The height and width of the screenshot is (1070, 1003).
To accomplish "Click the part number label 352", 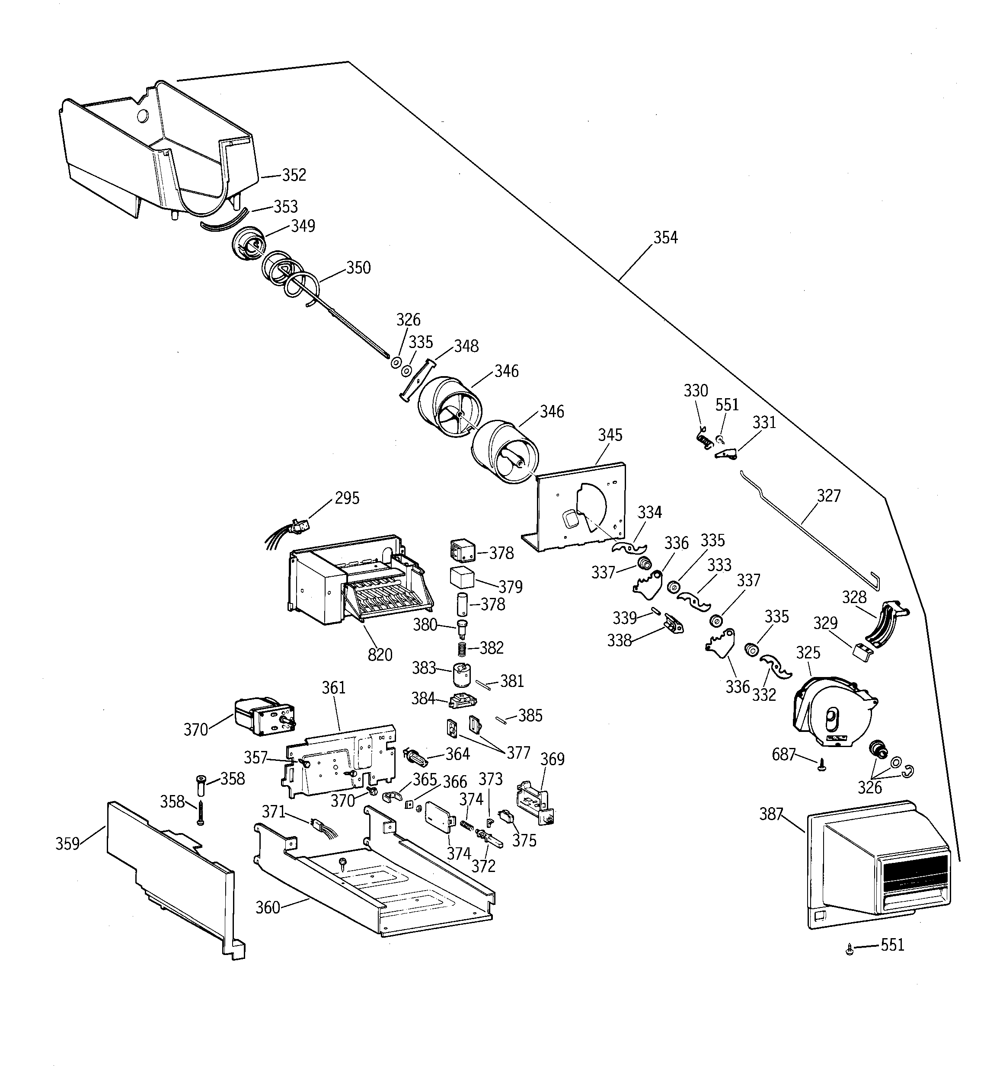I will (294, 175).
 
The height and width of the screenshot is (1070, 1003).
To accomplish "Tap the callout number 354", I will (665, 237).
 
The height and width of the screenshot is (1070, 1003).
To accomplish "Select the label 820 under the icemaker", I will (380, 655).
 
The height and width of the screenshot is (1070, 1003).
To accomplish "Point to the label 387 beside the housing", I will (771, 814).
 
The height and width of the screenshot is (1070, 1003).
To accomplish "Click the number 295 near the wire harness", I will (347, 498).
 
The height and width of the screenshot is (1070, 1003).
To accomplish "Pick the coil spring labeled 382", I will (461, 648).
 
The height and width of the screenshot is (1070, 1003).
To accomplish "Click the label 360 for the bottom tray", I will (268, 907).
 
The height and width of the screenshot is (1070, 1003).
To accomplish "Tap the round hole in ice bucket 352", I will (142, 116).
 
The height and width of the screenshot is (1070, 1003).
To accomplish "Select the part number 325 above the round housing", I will (808, 653).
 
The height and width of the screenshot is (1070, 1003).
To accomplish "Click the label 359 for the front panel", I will (67, 843).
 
